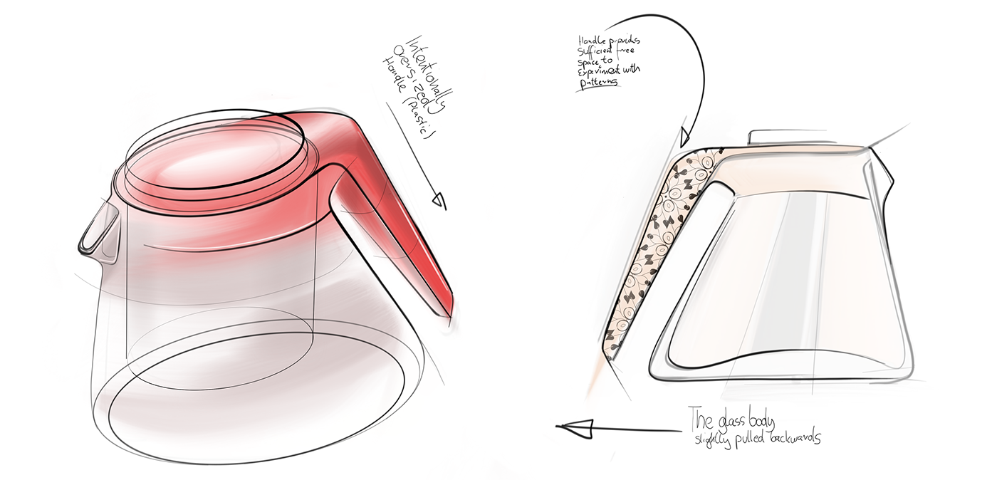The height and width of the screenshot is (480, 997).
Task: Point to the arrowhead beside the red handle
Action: point(441,202)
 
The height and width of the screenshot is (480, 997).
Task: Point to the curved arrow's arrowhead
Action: point(685,135)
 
